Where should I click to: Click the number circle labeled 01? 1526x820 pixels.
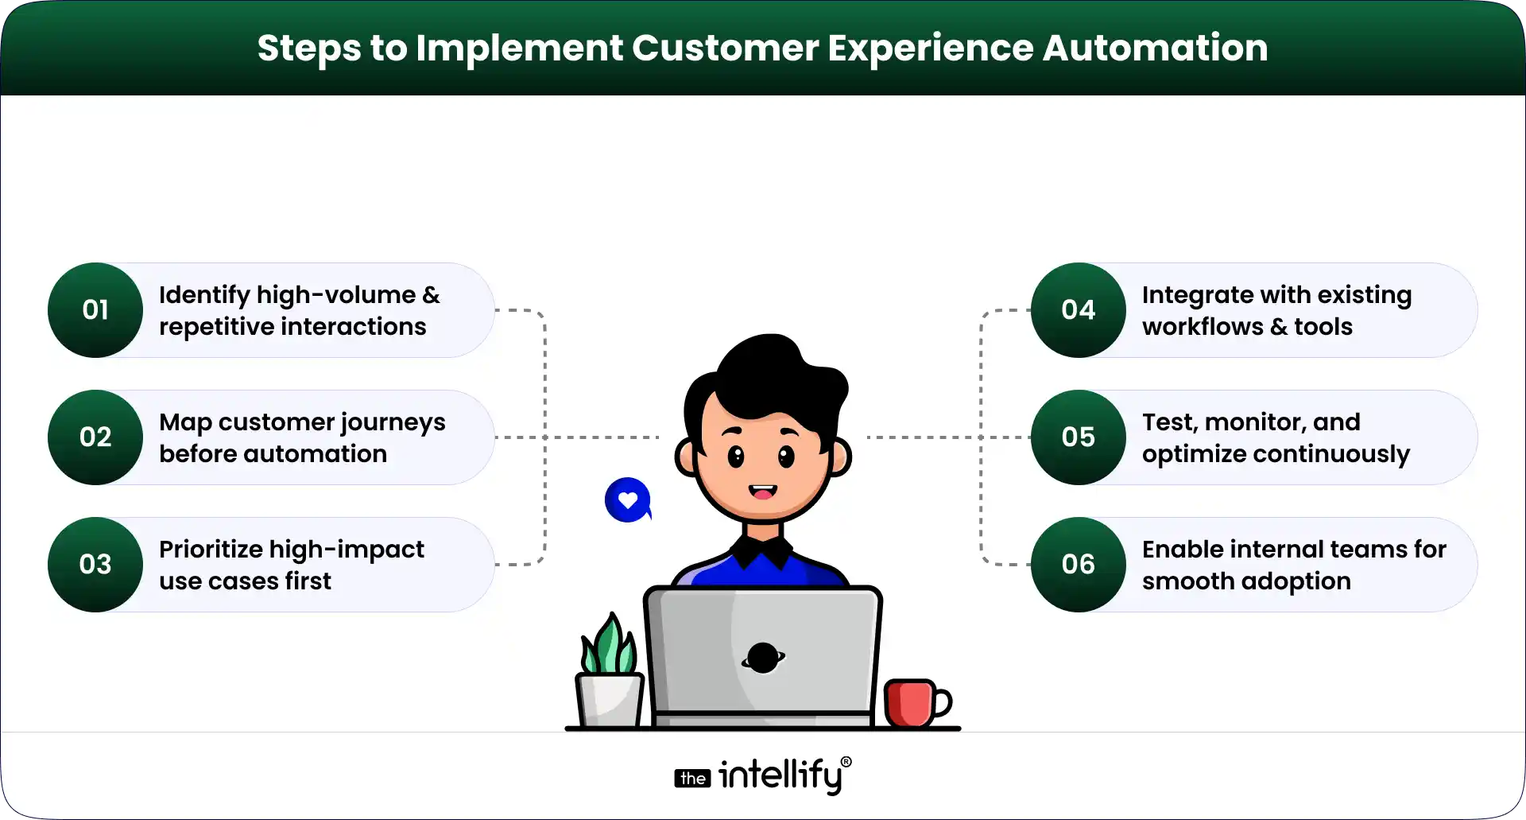tap(95, 310)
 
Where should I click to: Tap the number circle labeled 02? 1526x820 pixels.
tap(95, 437)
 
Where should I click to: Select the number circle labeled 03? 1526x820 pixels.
tap(95, 565)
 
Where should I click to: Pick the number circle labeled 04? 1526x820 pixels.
tap(1078, 310)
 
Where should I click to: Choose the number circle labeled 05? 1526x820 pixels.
tap(1078, 437)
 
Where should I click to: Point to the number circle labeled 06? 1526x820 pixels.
tap(1078, 565)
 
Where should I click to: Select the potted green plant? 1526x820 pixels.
tap(609, 676)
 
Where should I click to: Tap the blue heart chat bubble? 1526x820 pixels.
tap(628, 500)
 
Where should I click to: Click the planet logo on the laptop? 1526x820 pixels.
tap(763, 658)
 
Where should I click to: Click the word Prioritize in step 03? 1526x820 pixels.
tap(211, 550)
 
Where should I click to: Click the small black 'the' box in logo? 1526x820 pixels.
tap(692, 779)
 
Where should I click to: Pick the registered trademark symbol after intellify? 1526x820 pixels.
tap(846, 762)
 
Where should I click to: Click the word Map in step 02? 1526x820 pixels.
tap(184, 423)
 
